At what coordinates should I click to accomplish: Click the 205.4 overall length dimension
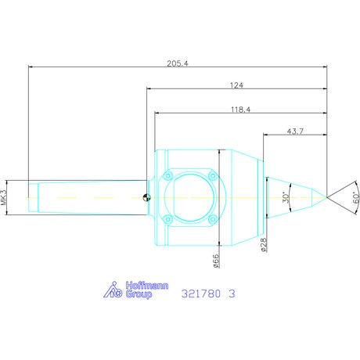178,63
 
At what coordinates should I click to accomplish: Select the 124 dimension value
236,85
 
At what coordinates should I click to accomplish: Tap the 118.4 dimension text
240,110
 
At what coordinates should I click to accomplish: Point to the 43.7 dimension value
295,131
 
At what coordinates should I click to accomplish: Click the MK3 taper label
4,197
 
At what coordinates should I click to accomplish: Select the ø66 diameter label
216,261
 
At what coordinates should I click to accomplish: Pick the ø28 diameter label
264,244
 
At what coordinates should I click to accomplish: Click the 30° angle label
286,197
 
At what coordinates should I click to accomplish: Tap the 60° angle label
356,198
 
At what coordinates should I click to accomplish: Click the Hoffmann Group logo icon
113,290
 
